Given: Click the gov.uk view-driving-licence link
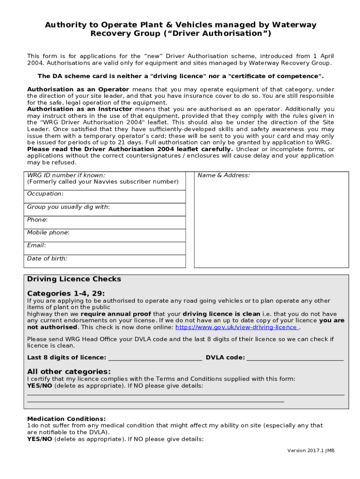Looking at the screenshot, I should (236, 327).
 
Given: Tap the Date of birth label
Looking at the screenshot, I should (47, 258).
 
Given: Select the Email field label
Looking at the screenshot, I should (36, 245).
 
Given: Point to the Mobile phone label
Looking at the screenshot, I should (48, 232).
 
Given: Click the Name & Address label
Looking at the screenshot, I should (223, 175).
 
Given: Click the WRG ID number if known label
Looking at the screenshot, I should (66, 175).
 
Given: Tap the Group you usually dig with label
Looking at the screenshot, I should (68, 207).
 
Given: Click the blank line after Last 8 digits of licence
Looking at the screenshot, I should (155, 358).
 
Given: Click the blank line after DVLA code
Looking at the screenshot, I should (295, 358).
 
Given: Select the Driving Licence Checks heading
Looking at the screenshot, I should (74, 279).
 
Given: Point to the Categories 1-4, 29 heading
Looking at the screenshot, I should (66, 293).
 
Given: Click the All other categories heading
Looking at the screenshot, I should (69, 371).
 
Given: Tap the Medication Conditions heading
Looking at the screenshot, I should (66, 419).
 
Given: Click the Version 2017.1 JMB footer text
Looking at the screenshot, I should (311, 450).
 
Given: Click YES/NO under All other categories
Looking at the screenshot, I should (40, 385).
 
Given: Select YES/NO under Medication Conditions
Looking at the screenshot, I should (40, 439).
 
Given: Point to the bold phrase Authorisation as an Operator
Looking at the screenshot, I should (78, 89).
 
